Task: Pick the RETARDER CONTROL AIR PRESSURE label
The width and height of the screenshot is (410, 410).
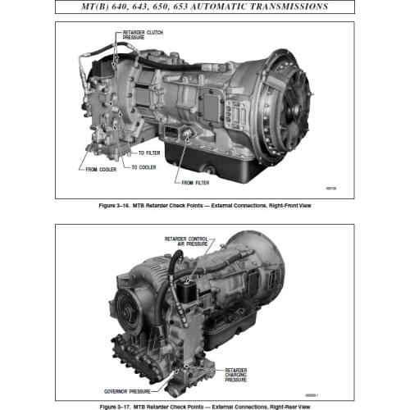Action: click(x=187, y=241)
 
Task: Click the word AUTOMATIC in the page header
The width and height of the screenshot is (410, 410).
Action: click(x=221, y=7)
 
